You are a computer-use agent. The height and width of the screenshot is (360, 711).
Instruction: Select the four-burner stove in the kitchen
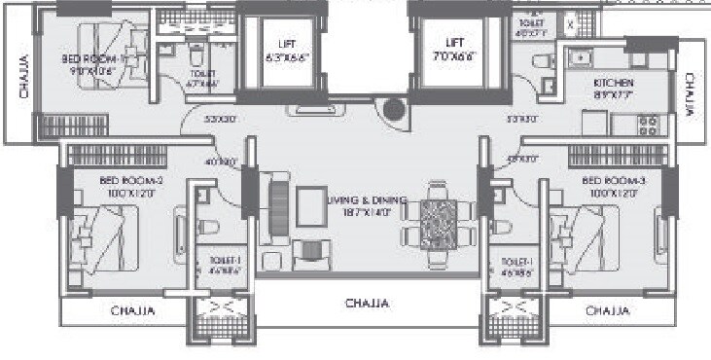pyautogui.click(x=649, y=126)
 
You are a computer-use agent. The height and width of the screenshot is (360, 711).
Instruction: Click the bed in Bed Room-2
pyautogui.click(x=99, y=238)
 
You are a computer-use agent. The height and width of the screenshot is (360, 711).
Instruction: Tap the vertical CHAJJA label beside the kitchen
pyautogui.click(x=689, y=95)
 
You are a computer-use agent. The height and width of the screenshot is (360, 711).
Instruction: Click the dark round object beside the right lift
pyautogui.click(x=393, y=110)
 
